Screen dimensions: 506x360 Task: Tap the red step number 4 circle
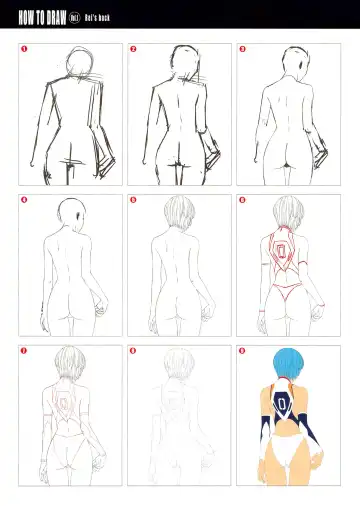25,200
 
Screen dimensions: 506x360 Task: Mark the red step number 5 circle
133,200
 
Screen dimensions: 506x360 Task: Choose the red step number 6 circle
242,200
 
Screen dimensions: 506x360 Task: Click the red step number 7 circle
25,351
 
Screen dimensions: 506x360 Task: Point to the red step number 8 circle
133,351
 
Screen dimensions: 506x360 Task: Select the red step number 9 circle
242,351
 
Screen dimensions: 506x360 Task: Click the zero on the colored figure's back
286,407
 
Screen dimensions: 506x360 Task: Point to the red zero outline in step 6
285,254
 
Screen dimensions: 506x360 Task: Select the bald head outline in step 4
68,213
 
